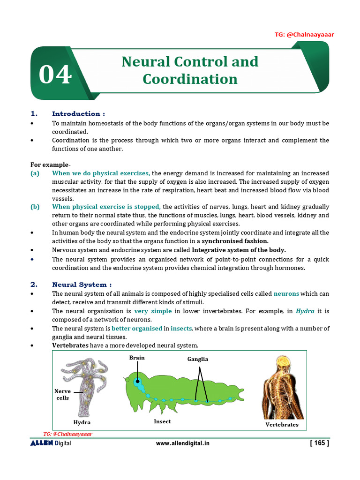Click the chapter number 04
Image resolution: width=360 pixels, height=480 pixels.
coord(55,75)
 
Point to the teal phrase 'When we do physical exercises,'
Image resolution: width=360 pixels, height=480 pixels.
coord(101,173)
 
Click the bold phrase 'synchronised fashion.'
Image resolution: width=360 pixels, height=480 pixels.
coord(235,241)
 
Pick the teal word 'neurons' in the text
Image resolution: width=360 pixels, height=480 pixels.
coord(286,294)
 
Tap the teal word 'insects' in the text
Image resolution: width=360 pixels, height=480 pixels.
coord(181,329)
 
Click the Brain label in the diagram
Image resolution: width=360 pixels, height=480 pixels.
coord(137,358)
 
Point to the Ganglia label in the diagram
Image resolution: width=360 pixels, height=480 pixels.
coord(197,359)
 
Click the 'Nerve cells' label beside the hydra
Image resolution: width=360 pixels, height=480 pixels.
coord(62,395)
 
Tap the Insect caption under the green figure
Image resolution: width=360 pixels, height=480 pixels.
coord(162,421)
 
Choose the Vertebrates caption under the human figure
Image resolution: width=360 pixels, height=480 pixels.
coord(282,424)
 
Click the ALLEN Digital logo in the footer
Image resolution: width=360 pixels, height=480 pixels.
coord(51,443)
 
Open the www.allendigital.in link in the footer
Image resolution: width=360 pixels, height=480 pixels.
coord(182,443)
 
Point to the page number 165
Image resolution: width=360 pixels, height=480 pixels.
coord(319,443)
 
